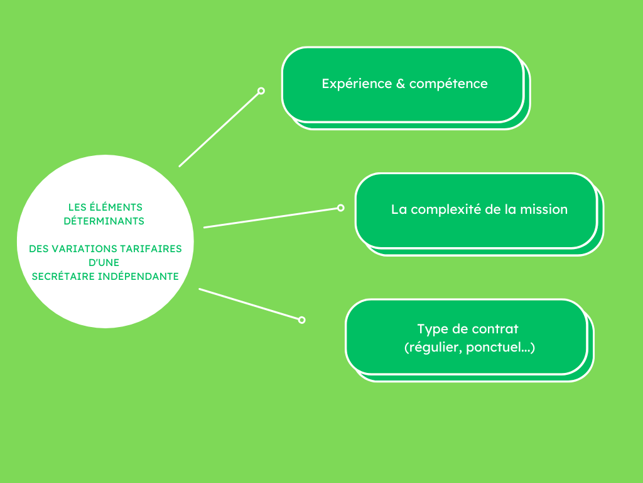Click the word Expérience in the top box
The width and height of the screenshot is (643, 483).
[x=357, y=84]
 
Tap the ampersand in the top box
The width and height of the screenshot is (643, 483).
[x=401, y=84]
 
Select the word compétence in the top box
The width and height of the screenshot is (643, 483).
[x=448, y=84]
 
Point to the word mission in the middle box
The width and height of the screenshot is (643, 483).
[x=544, y=209]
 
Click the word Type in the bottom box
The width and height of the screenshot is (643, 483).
[x=433, y=330]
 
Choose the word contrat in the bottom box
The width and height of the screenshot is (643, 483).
[x=495, y=329]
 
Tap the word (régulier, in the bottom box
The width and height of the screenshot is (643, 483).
[x=433, y=347]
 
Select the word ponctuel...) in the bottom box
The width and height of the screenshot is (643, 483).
[x=500, y=347]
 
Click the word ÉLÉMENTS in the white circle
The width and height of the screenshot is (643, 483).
[x=116, y=206]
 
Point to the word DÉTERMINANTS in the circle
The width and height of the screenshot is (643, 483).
[x=104, y=221]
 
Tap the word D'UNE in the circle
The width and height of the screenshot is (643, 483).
[x=104, y=262]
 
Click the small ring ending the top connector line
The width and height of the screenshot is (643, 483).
[x=261, y=91]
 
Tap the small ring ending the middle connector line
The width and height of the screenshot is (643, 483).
[x=340, y=208]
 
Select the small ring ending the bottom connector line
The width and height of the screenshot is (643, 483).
[x=301, y=320]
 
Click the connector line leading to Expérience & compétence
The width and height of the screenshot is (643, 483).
[x=219, y=130]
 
